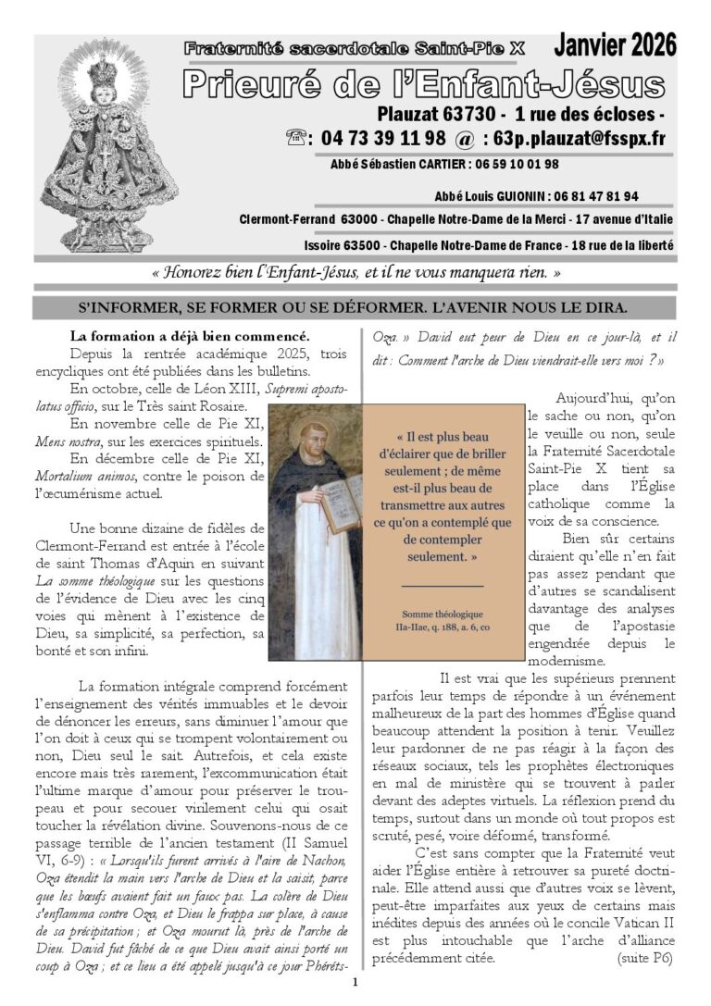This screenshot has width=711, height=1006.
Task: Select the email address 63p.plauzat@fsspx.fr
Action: tap(573, 139)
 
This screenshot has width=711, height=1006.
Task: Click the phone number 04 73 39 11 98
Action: tap(383, 139)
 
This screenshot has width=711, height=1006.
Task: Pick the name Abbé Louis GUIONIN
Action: tap(490, 197)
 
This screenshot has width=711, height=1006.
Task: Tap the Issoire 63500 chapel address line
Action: tap(489, 245)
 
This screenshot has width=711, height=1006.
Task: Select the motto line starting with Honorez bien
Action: tap(355, 274)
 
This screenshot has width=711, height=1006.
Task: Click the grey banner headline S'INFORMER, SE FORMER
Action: tap(355, 306)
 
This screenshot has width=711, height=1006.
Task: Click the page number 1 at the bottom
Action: tap(355, 983)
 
